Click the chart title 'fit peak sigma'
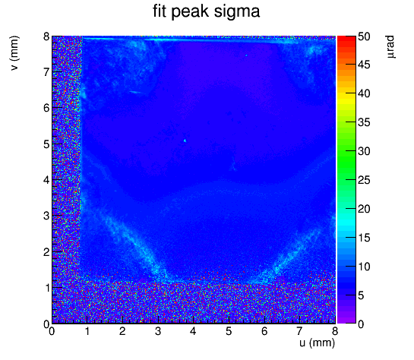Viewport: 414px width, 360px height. pyautogui.click(x=206, y=12)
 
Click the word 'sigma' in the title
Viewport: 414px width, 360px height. pyautogui.click(x=237, y=12)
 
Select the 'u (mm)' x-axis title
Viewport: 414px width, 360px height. pyautogui.click(x=317, y=343)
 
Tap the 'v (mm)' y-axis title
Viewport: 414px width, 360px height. pyautogui.click(x=14, y=53)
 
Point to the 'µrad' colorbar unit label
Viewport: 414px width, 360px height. pyautogui.click(x=390, y=47)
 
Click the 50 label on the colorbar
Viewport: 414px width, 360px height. pyautogui.click(x=364, y=36)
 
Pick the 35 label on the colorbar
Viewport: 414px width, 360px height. pyautogui.click(x=364, y=123)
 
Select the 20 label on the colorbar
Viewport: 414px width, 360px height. pyautogui.click(x=364, y=209)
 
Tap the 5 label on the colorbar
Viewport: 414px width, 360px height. pyautogui.click(x=361, y=295)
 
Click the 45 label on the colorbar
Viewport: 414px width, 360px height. pyautogui.click(x=364, y=65)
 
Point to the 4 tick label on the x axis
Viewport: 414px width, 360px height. pyautogui.click(x=193, y=331)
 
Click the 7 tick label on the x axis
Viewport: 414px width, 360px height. pyautogui.click(x=299, y=331)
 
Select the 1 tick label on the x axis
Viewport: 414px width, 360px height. pyautogui.click(x=87, y=331)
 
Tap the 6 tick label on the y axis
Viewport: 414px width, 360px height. pyautogui.click(x=46, y=108)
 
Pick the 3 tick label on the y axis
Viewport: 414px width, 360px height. pyautogui.click(x=46, y=216)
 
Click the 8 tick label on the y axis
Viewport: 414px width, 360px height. pyautogui.click(x=46, y=36)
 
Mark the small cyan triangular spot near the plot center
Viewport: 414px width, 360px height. pyautogui.click(x=185, y=141)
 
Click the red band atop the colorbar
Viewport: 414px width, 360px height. pyautogui.click(x=346, y=39)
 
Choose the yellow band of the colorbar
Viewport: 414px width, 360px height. pyautogui.click(x=346, y=99)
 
